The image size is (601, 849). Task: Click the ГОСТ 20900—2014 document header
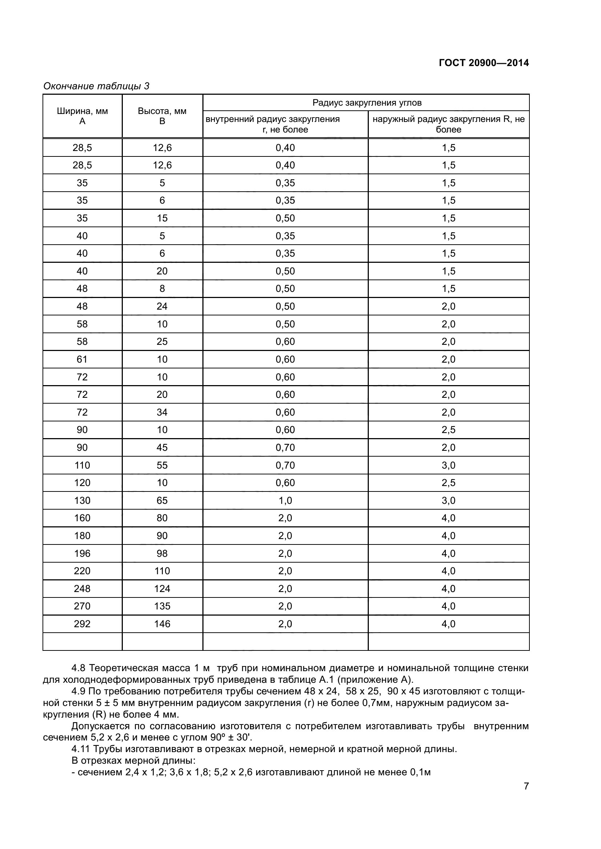pos(484,63)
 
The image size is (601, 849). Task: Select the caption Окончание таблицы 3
pos(96,86)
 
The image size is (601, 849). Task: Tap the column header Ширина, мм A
pos(82,116)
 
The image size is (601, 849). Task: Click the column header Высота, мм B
pos(162,116)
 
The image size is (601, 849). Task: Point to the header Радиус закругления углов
pos(366,103)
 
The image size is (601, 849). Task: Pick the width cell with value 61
pos(82,359)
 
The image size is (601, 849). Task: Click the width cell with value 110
pos(82,465)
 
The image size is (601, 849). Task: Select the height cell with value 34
pos(162,412)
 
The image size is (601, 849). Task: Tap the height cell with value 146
pos(162,624)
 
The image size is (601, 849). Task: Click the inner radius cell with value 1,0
pos(285,500)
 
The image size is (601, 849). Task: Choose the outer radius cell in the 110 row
pos(448,465)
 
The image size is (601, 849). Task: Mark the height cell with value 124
pos(162,589)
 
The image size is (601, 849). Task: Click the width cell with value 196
pos(82,553)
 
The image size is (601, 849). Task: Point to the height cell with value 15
pos(162,218)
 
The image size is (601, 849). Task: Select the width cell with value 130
pos(82,500)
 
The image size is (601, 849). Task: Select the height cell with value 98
pos(162,553)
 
